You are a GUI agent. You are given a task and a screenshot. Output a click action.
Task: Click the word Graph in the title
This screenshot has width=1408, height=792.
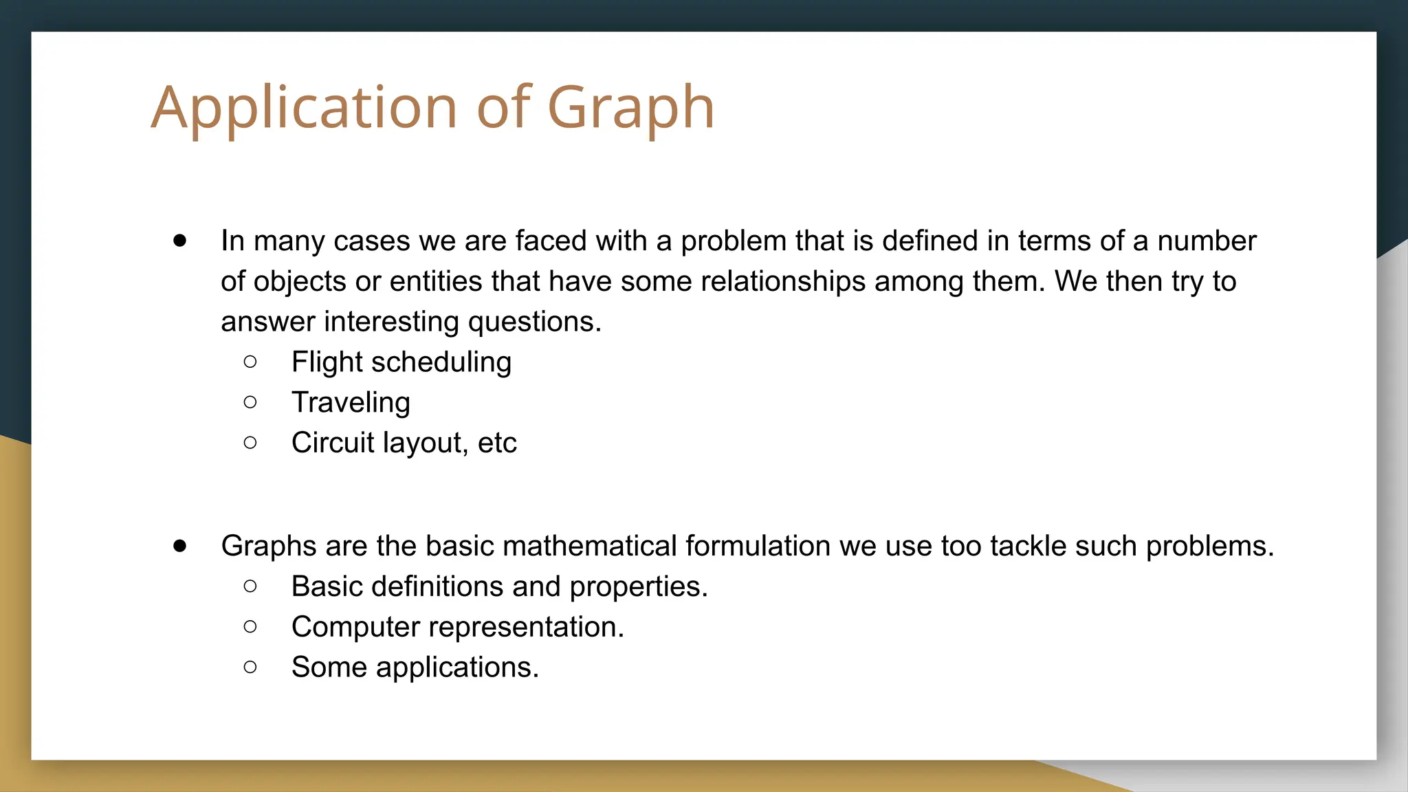coord(630,109)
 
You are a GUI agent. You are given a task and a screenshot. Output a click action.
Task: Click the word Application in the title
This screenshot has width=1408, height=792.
coord(304,109)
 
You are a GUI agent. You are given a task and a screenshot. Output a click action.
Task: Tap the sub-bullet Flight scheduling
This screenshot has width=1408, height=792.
coord(401,362)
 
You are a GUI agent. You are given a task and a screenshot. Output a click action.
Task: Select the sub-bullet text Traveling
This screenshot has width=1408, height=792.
coord(351,402)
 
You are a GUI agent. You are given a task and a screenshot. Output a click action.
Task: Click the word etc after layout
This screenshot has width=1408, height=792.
coord(497,443)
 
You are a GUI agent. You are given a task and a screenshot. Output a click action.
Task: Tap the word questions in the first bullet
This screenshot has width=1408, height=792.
coord(534,322)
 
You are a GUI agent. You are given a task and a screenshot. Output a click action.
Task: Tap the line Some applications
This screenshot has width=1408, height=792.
coord(415,668)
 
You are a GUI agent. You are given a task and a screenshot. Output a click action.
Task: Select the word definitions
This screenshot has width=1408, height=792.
coord(437,586)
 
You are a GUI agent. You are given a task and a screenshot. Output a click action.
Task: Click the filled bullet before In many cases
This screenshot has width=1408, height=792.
coord(180,241)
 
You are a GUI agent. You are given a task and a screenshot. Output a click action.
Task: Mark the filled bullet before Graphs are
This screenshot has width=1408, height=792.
coord(180,546)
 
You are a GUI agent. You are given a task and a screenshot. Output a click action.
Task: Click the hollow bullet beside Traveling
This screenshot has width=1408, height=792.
coord(250,402)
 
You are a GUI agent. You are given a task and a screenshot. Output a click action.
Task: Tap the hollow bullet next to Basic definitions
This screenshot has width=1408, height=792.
coord(250,586)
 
